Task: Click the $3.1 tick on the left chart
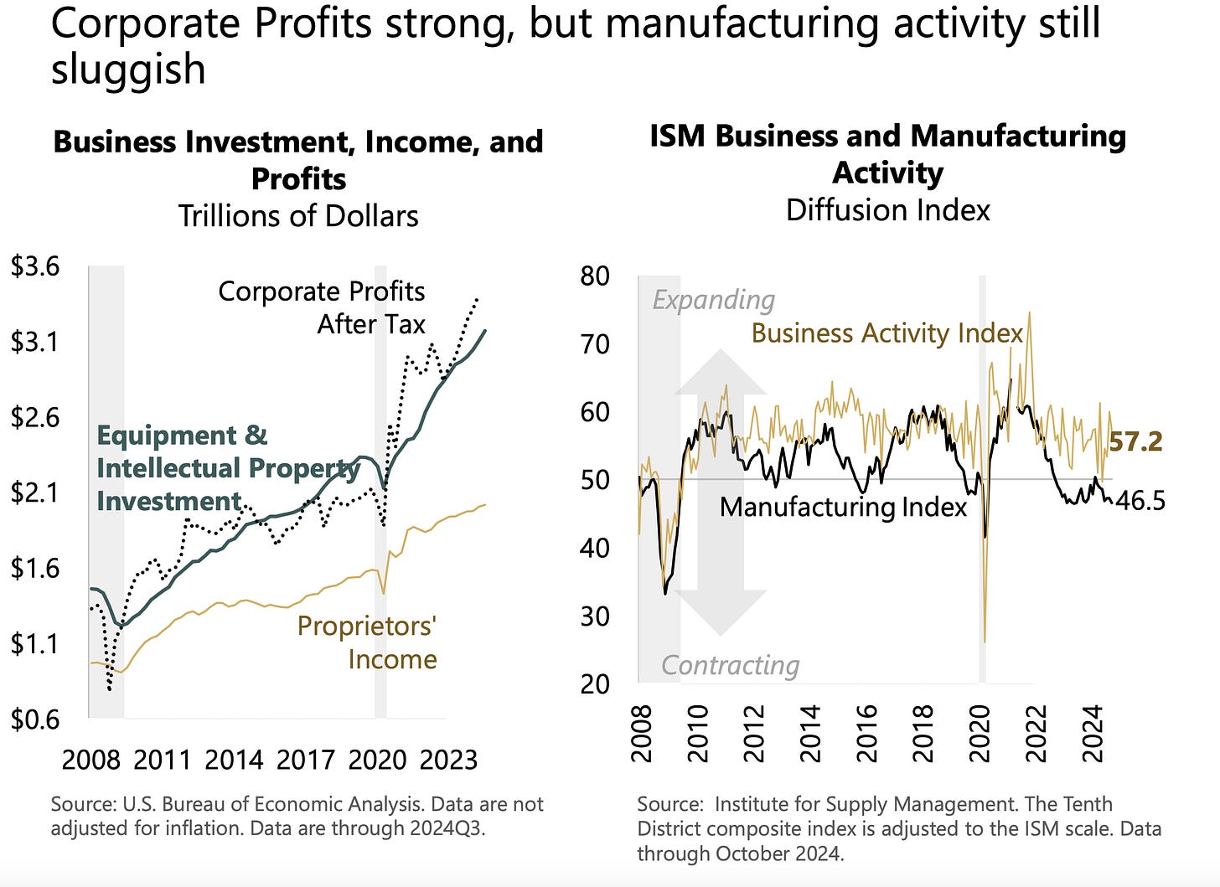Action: (x=34, y=342)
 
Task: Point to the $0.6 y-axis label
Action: (x=34, y=719)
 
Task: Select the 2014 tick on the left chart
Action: (x=234, y=760)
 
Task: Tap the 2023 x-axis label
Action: (x=448, y=760)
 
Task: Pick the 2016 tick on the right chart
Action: (x=866, y=733)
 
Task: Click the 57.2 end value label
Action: (x=1135, y=441)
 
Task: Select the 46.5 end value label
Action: (x=1140, y=501)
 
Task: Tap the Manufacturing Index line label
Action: (x=843, y=507)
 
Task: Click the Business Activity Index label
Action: (x=887, y=333)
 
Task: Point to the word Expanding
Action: (x=713, y=300)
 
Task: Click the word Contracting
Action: (x=730, y=665)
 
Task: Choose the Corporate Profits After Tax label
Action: (x=322, y=307)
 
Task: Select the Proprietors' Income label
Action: (x=368, y=642)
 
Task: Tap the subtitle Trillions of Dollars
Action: (x=298, y=216)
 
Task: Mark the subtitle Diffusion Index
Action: (x=887, y=209)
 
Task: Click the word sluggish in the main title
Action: (x=128, y=69)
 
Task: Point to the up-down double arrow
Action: (x=721, y=492)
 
